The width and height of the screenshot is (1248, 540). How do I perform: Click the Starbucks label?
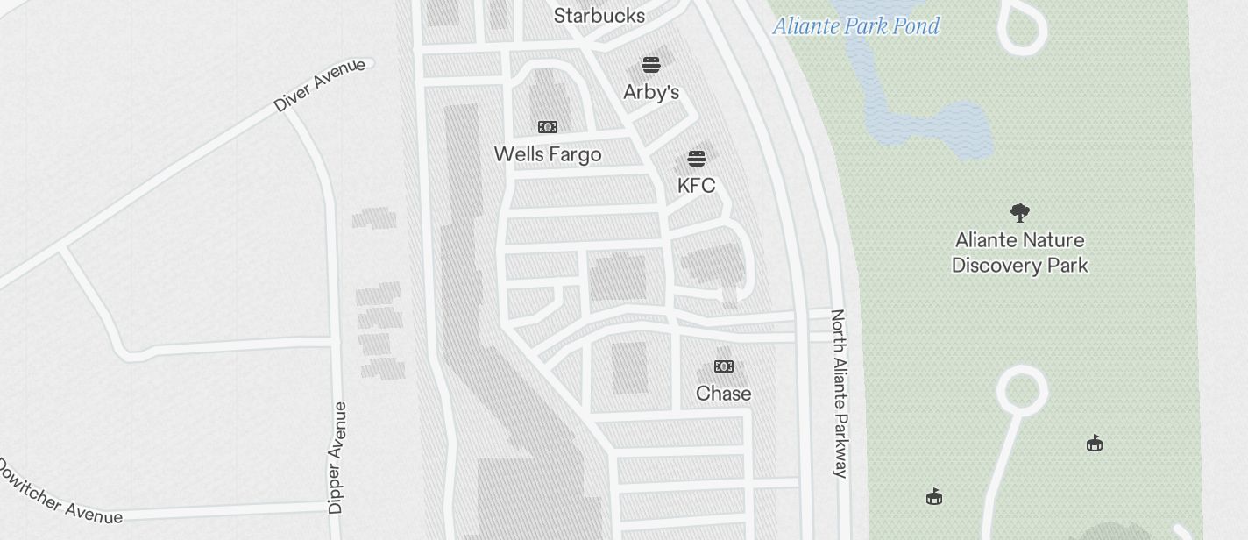[599, 16]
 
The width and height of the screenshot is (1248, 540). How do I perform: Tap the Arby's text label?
[651, 92]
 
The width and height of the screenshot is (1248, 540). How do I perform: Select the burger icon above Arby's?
[651, 65]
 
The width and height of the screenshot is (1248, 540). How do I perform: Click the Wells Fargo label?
[548, 154]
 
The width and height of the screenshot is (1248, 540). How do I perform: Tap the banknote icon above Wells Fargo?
[548, 127]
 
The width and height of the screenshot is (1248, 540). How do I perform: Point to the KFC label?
[697, 186]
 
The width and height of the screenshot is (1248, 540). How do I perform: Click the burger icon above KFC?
[697, 159]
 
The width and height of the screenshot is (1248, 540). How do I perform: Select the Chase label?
[724, 394]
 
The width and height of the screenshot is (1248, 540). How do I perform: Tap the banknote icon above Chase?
[724, 366]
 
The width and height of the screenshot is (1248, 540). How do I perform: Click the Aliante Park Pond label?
[856, 26]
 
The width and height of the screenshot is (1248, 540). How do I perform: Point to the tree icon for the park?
[1019, 212]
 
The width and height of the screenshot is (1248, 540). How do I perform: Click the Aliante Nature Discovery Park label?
[1020, 252]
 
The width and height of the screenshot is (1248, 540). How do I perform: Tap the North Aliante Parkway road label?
[839, 393]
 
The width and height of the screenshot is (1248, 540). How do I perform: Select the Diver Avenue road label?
[319, 85]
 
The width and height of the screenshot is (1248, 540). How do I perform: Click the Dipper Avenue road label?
[337, 458]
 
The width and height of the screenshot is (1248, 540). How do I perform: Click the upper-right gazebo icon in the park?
[1095, 444]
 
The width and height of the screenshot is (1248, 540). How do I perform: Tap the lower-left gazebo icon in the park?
[934, 497]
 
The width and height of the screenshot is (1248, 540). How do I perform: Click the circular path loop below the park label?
[1022, 387]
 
